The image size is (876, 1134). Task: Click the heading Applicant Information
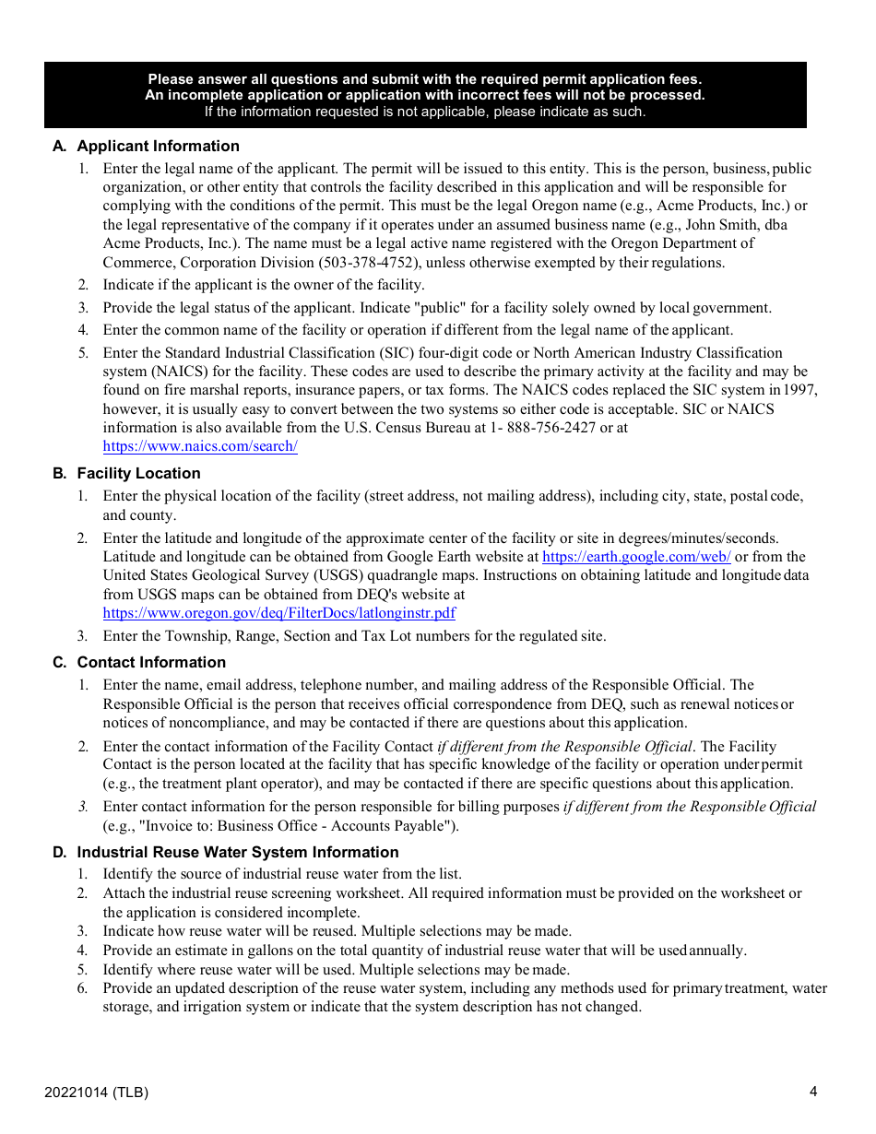tap(158, 147)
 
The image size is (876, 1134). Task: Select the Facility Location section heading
tap(138, 474)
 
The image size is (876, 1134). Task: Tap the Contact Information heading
tap(151, 663)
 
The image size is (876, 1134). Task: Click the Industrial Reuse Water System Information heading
tap(238, 853)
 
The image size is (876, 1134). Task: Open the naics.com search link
tap(200, 447)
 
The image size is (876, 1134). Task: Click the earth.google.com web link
tap(636, 557)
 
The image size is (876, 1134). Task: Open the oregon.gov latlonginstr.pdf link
tap(278, 613)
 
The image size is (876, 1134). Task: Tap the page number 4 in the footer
tap(813, 1093)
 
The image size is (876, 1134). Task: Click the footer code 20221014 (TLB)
tap(96, 1093)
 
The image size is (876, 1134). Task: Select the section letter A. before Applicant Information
tap(60, 147)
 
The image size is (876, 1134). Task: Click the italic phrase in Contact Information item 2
tap(564, 747)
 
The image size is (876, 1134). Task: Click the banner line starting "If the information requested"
tap(425, 112)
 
